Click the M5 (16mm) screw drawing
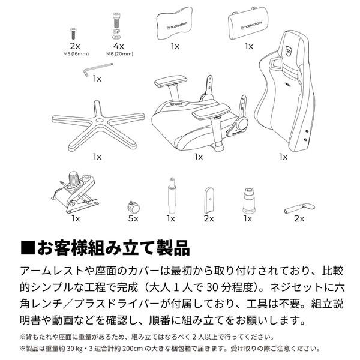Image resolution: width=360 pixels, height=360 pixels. click(75, 29)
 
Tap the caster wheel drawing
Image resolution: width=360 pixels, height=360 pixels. click(133, 207)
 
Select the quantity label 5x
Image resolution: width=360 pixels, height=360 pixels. click(133, 219)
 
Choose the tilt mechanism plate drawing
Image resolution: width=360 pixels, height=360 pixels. click(75, 192)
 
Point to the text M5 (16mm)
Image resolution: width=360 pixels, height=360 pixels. click(76, 53)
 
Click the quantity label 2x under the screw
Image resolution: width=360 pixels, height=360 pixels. click(76, 46)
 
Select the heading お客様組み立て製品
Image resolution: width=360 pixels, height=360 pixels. click(114, 247)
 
